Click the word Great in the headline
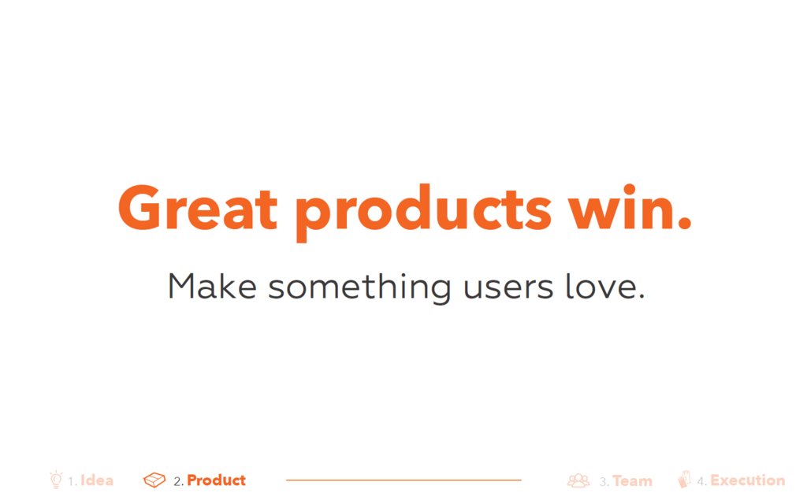pyautogui.click(x=198, y=208)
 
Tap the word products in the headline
pyautogui.click(x=423, y=213)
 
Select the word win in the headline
pyautogui.click(x=619, y=207)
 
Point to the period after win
pyautogui.click(x=685, y=222)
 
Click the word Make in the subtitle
pyautogui.click(x=212, y=286)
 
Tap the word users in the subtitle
pyautogui.click(x=508, y=288)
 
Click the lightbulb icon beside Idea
pyautogui.click(x=56, y=480)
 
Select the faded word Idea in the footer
pyautogui.click(x=97, y=480)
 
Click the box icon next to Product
pyautogui.click(x=154, y=480)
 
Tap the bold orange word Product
pyautogui.click(x=216, y=480)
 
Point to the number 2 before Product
pyautogui.click(x=177, y=482)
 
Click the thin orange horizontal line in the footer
pyautogui.click(x=403, y=480)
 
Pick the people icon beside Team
pyautogui.click(x=578, y=480)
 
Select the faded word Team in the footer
pyautogui.click(x=633, y=481)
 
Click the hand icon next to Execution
pyautogui.click(x=684, y=480)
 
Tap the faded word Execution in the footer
pyautogui.click(x=748, y=480)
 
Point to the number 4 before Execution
pyautogui.click(x=701, y=482)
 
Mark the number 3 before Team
pyautogui.click(x=603, y=482)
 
